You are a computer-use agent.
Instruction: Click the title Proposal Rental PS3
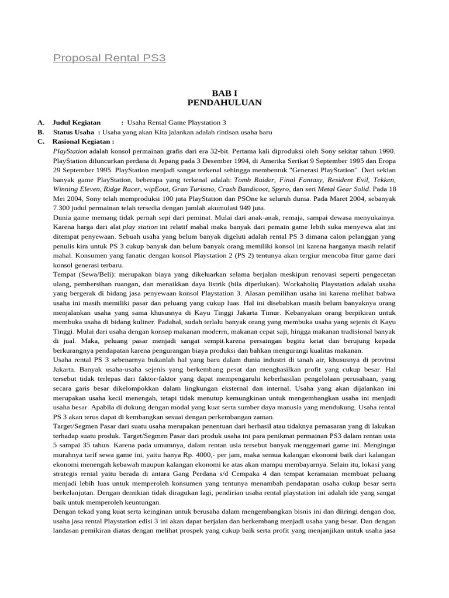tap(109, 58)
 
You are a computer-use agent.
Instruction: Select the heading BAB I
tap(224, 93)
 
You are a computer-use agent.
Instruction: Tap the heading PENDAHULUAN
tap(224, 103)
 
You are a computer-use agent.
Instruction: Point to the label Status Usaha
tap(73, 132)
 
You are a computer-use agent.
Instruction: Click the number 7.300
tap(64, 208)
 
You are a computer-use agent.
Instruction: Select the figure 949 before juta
tap(241, 208)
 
